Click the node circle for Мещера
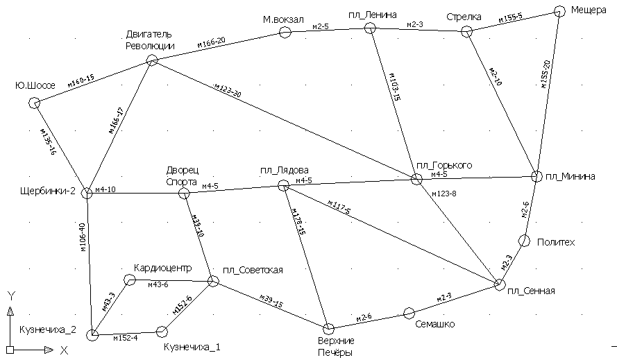pos(560,11)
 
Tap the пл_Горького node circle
pos(416,179)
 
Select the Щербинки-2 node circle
pos(87,193)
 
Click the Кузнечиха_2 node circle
pos(92,336)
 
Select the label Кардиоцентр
pos(162,268)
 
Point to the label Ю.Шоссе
pos(35,86)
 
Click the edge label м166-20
pos(211,43)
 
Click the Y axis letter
pos(11,295)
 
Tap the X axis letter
pos(63,350)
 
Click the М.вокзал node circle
pos(285,31)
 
